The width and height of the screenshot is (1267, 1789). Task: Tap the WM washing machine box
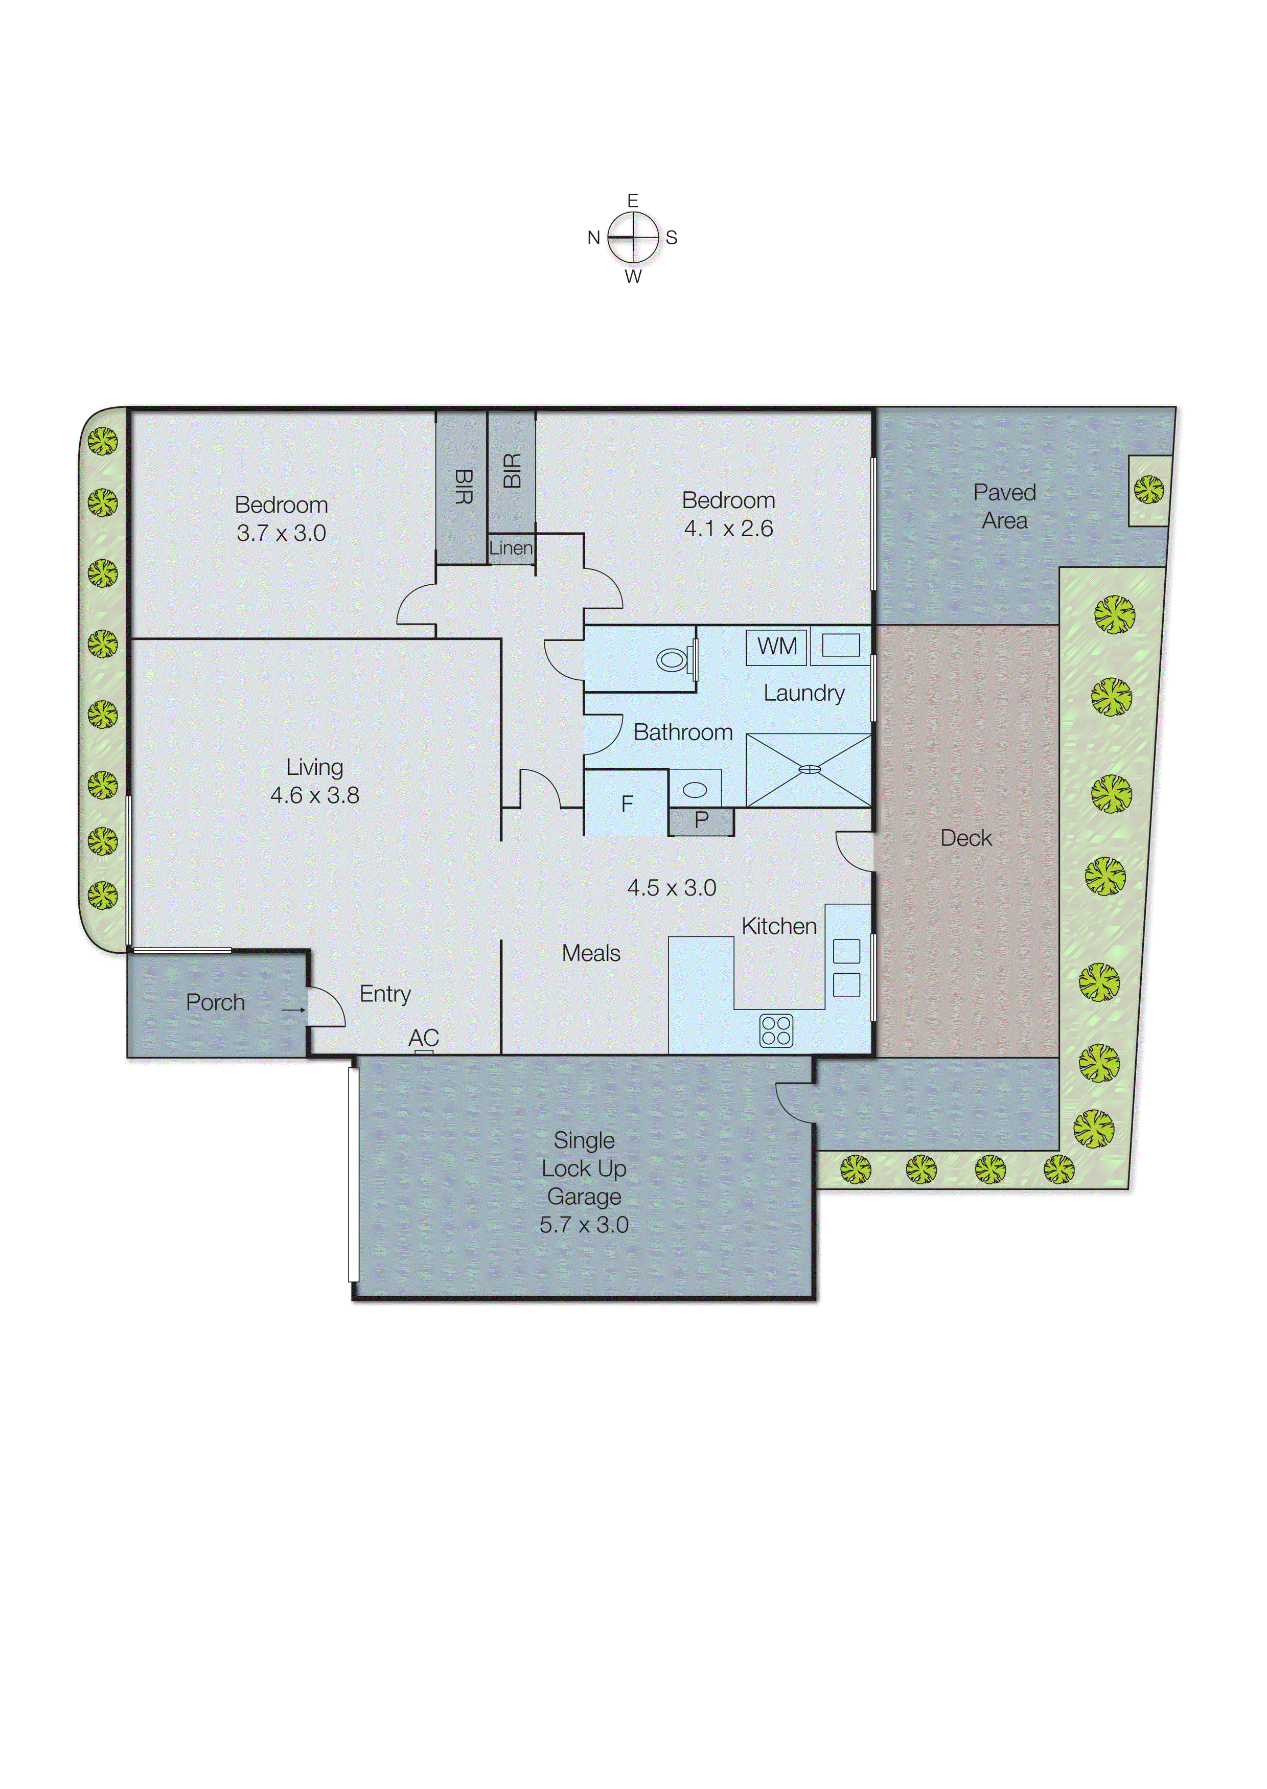776,647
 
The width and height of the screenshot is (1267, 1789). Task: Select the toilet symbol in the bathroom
673,660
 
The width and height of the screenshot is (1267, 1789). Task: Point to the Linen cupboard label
511,548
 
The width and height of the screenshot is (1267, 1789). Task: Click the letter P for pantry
701,820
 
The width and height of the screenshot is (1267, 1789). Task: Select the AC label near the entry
424,1038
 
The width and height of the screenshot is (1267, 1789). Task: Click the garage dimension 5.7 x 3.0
584,1224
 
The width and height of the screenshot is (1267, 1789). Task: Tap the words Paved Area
1004,507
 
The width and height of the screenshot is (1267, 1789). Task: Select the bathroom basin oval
695,790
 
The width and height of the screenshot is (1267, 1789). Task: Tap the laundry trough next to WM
840,645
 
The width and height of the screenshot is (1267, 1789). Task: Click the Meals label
591,953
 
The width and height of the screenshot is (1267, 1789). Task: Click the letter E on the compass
633,200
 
